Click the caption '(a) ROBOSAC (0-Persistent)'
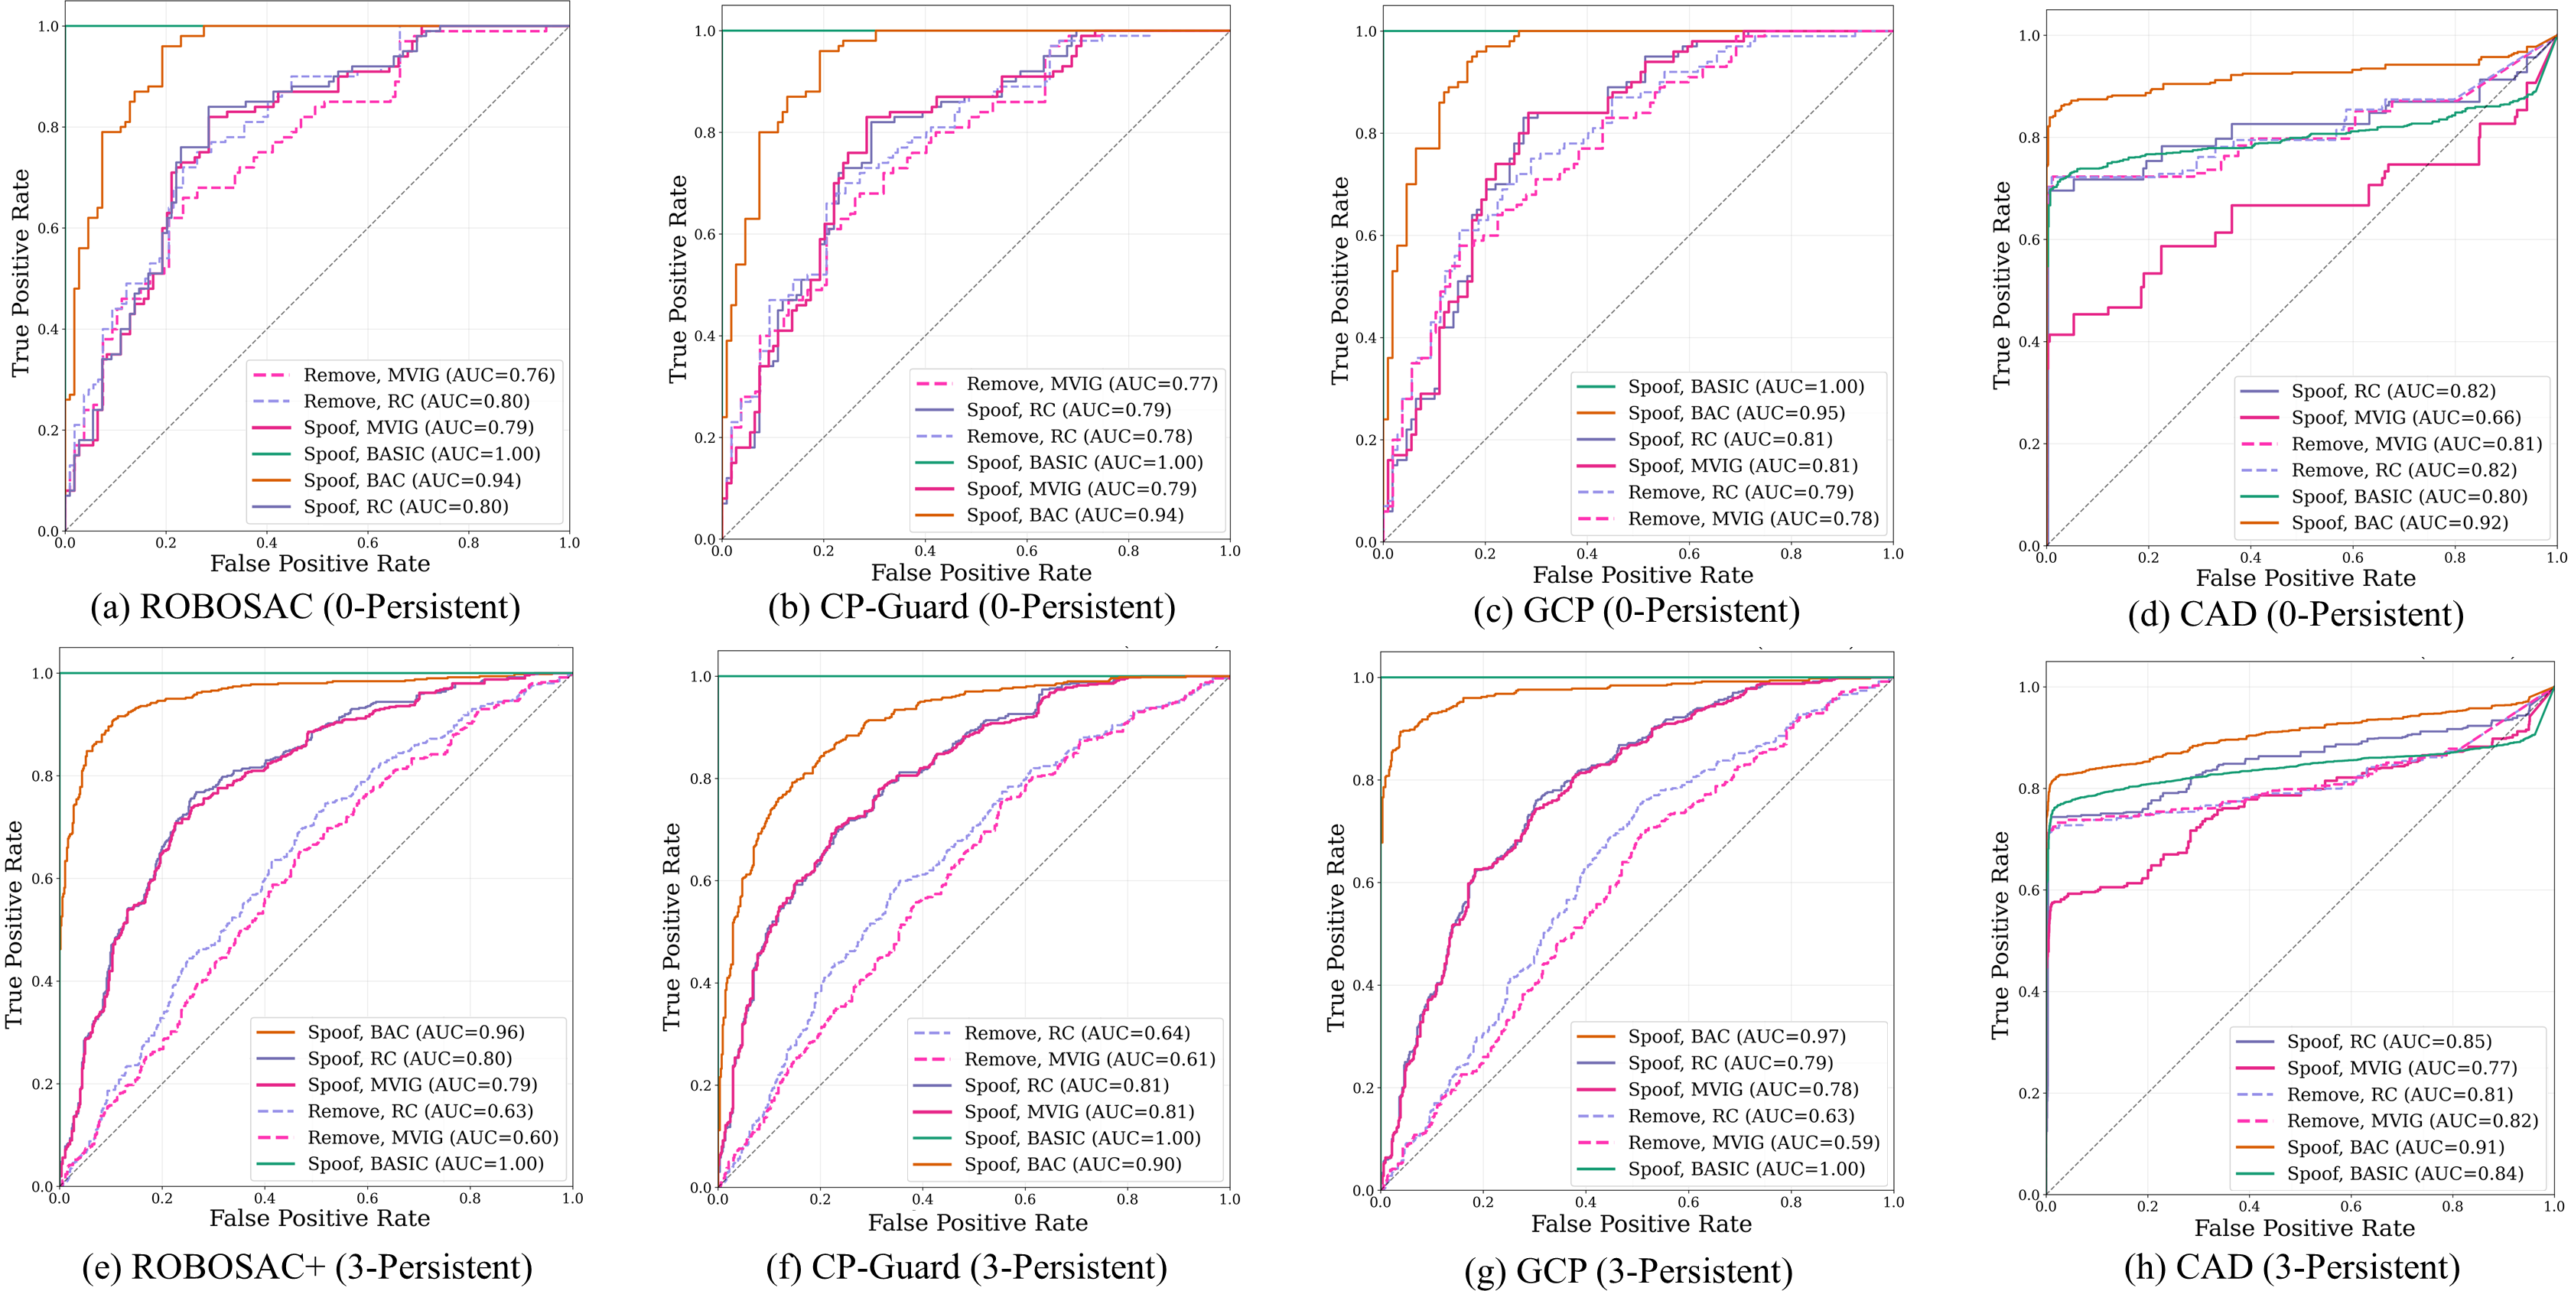(305, 606)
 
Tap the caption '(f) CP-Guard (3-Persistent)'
(966, 1267)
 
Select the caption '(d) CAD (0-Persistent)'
(2296, 613)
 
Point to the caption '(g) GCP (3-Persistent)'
(1629, 1270)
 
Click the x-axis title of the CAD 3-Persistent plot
(2305, 1228)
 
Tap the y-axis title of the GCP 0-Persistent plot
(1339, 281)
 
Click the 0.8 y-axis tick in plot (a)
(48, 128)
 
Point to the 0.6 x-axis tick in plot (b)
(1027, 551)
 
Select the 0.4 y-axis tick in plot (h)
(2028, 992)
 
